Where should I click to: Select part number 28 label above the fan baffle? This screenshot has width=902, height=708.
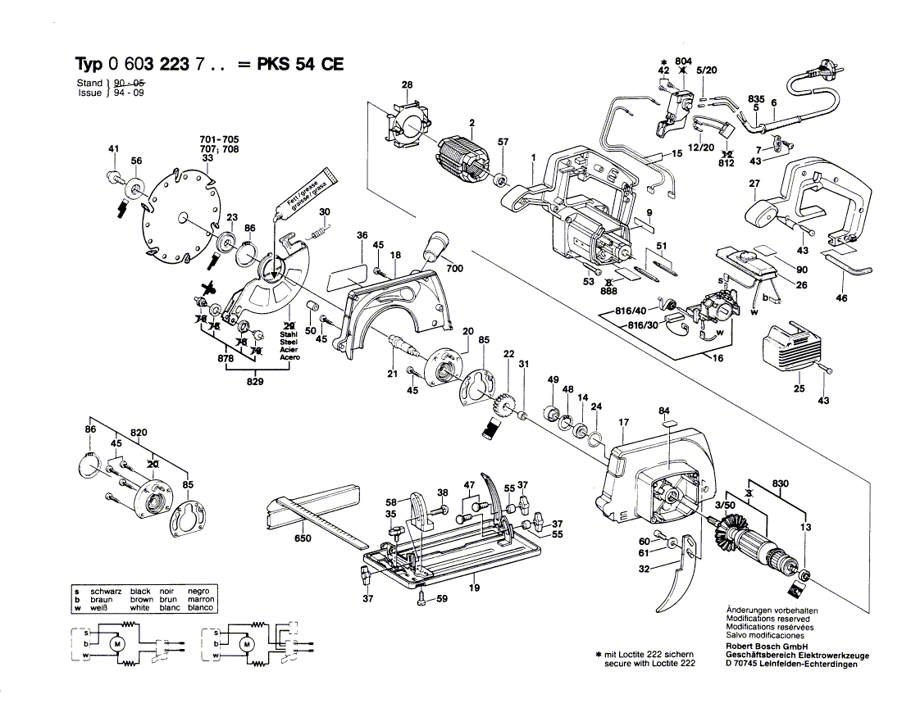click(407, 85)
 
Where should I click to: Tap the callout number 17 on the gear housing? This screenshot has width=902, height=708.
click(624, 423)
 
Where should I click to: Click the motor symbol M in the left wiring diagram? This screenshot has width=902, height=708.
click(116, 645)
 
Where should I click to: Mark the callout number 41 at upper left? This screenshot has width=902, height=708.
click(113, 148)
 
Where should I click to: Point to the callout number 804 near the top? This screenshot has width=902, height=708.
click(683, 61)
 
